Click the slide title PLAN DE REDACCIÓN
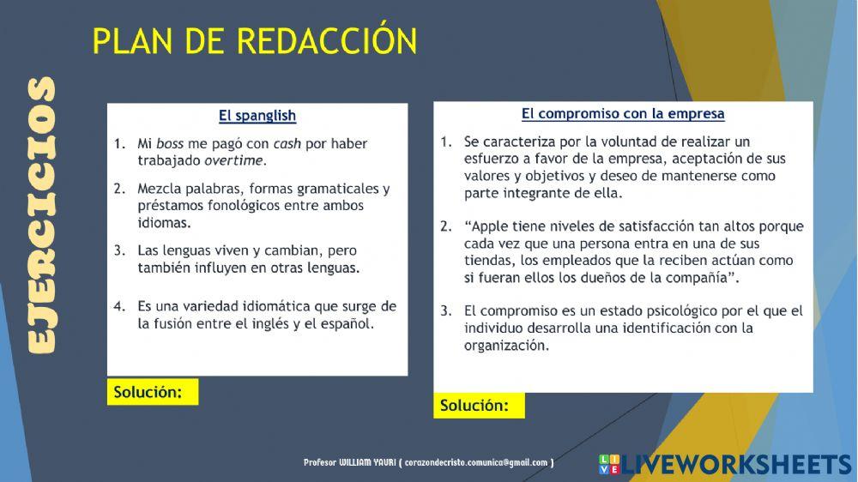pos(255,41)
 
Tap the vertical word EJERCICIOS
pos(40,214)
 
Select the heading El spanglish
pos(257,116)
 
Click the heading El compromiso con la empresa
pos(623,113)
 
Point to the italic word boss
pos(170,144)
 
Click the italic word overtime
pos(234,160)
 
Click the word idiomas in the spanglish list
pos(164,222)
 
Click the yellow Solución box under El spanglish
pos(153,392)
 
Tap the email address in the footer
pos(476,463)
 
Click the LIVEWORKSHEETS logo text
pos(736,465)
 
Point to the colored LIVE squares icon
pos(608,465)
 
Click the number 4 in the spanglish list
pos(119,306)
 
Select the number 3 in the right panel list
pos(445,310)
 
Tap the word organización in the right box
pos(505,345)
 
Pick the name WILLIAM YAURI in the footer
pos(366,463)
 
